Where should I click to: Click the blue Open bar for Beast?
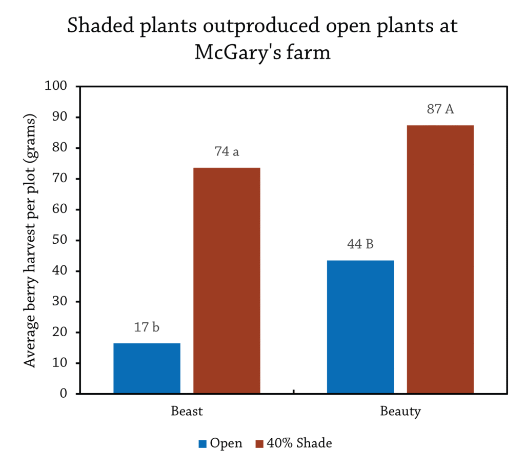[147, 368]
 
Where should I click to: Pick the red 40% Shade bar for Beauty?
[440, 259]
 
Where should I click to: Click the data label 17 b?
[147, 327]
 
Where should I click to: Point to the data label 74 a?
[227, 152]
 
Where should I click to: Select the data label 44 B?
[360, 244]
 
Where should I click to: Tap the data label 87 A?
[440, 109]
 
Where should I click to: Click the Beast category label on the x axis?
[187, 412]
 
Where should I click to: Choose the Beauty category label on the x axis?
[400, 412]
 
